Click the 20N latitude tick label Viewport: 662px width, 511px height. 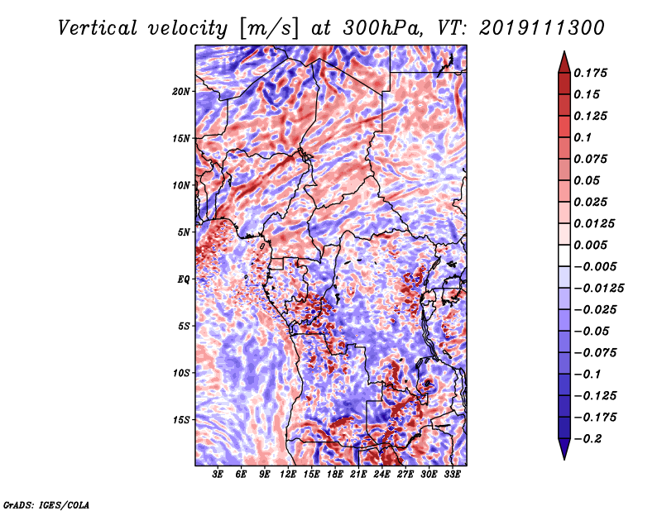pos(181,91)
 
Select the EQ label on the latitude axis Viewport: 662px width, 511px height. pos(183,279)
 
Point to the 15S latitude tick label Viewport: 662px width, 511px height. pos(181,419)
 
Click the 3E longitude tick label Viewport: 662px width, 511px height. pos(218,475)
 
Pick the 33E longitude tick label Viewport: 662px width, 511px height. pos(453,475)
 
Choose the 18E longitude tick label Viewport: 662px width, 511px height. pos(335,475)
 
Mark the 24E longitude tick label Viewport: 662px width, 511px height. pos(382,475)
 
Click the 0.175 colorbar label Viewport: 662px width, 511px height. pos(592,73)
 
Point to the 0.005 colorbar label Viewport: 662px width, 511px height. pos(592,245)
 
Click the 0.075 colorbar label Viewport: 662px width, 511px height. pos(592,159)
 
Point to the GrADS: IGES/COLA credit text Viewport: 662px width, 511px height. pos(46,504)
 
